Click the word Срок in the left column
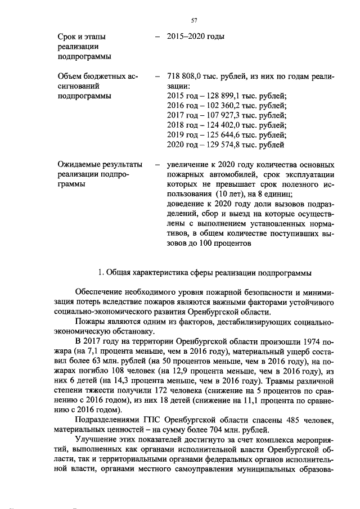coord(69,37)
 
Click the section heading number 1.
coord(100,273)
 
